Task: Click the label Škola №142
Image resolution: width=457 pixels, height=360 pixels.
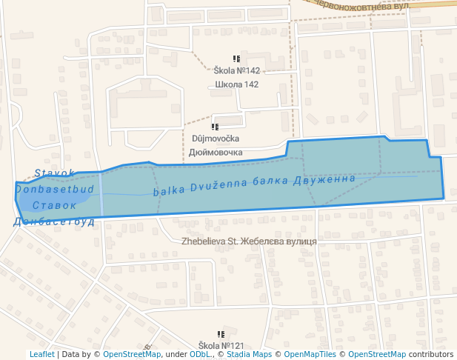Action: pyautogui.click(x=236, y=71)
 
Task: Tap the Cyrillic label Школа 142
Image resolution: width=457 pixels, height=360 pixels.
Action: pyautogui.click(x=236, y=84)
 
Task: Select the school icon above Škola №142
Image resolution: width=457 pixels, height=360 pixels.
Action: pyautogui.click(x=236, y=59)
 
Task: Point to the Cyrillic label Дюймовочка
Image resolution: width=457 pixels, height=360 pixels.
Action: pyautogui.click(x=216, y=153)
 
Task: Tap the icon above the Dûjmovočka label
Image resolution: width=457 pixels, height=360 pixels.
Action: pyautogui.click(x=215, y=127)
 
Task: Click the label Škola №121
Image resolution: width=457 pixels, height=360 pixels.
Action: pyautogui.click(x=221, y=346)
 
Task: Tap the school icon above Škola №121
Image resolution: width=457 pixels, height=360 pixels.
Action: pyautogui.click(x=220, y=335)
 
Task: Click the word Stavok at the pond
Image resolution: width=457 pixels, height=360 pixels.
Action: pyautogui.click(x=54, y=173)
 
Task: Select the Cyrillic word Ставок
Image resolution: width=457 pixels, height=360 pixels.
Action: pyautogui.click(x=55, y=205)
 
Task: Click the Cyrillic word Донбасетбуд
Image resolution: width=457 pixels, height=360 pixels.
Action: pyautogui.click(x=54, y=221)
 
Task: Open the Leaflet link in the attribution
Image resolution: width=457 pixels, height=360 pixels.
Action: pyautogui.click(x=41, y=355)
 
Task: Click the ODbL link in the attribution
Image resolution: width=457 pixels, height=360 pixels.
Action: pyautogui.click(x=200, y=355)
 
